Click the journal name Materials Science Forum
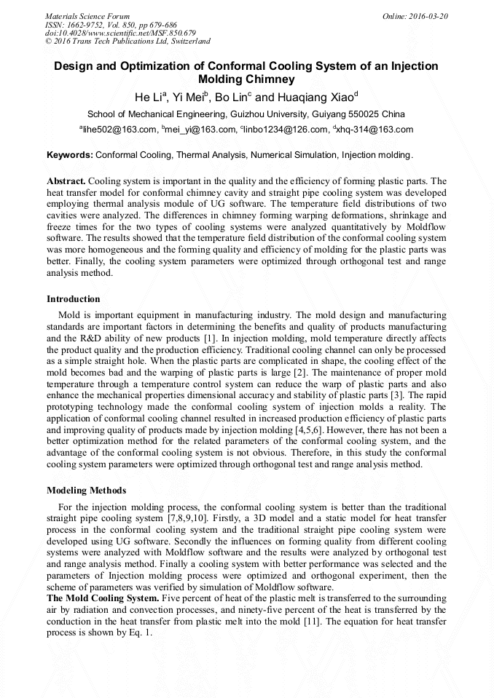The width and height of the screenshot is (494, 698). [x=87, y=15]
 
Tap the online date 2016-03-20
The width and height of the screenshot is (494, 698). [x=423, y=15]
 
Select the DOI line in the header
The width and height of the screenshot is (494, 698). [x=120, y=33]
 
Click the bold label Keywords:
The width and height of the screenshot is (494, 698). [x=70, y=155]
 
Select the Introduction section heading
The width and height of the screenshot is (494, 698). [x=74, y=299]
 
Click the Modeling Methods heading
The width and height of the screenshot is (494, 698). [x=86, y=491]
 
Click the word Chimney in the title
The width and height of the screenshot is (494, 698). [x=268, y=79]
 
